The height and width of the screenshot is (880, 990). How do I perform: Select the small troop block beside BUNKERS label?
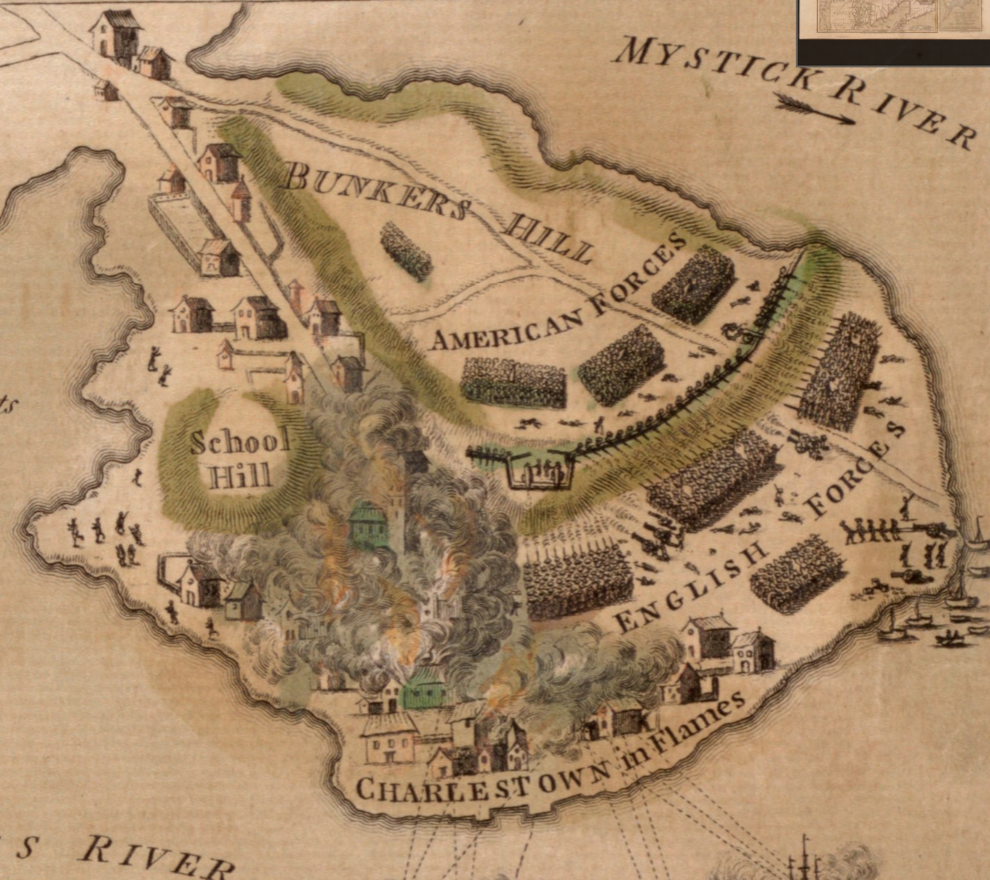coord(406,251)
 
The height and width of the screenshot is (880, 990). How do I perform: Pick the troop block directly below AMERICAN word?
coord(513,382)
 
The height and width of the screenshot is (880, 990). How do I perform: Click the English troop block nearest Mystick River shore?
coord(840,370)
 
